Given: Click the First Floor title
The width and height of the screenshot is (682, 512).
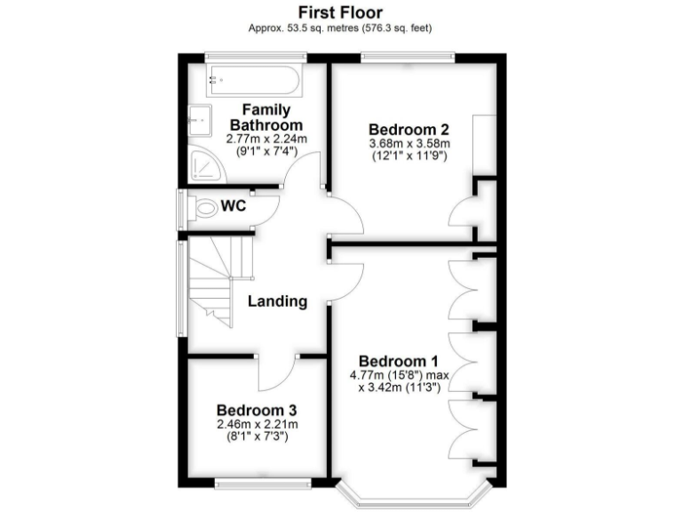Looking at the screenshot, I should (x=340, y=12).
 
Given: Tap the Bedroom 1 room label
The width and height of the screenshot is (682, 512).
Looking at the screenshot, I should (x=399, y=361).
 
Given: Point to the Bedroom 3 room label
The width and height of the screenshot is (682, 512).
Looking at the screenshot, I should (x=257, y=410).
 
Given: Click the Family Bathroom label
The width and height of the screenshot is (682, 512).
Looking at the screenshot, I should (x=266, y=117).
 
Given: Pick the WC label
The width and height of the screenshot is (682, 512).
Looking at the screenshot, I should (x=234, y=206).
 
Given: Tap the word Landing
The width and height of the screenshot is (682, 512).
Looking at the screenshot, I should (x=277, y=301).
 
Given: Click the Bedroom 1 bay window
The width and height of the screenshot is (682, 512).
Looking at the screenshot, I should (x=415, y=498).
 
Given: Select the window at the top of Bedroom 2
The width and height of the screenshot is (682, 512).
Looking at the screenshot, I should (x=408, y=58).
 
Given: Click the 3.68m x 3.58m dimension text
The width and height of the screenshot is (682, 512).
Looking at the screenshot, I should (x=409, y=144).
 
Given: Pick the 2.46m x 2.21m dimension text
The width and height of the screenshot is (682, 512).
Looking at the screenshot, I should (x=257, y=424).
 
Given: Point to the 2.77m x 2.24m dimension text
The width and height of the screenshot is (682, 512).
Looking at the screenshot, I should (x=266, y=139).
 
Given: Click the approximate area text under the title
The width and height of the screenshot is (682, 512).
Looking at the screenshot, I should (x=340, y=28).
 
